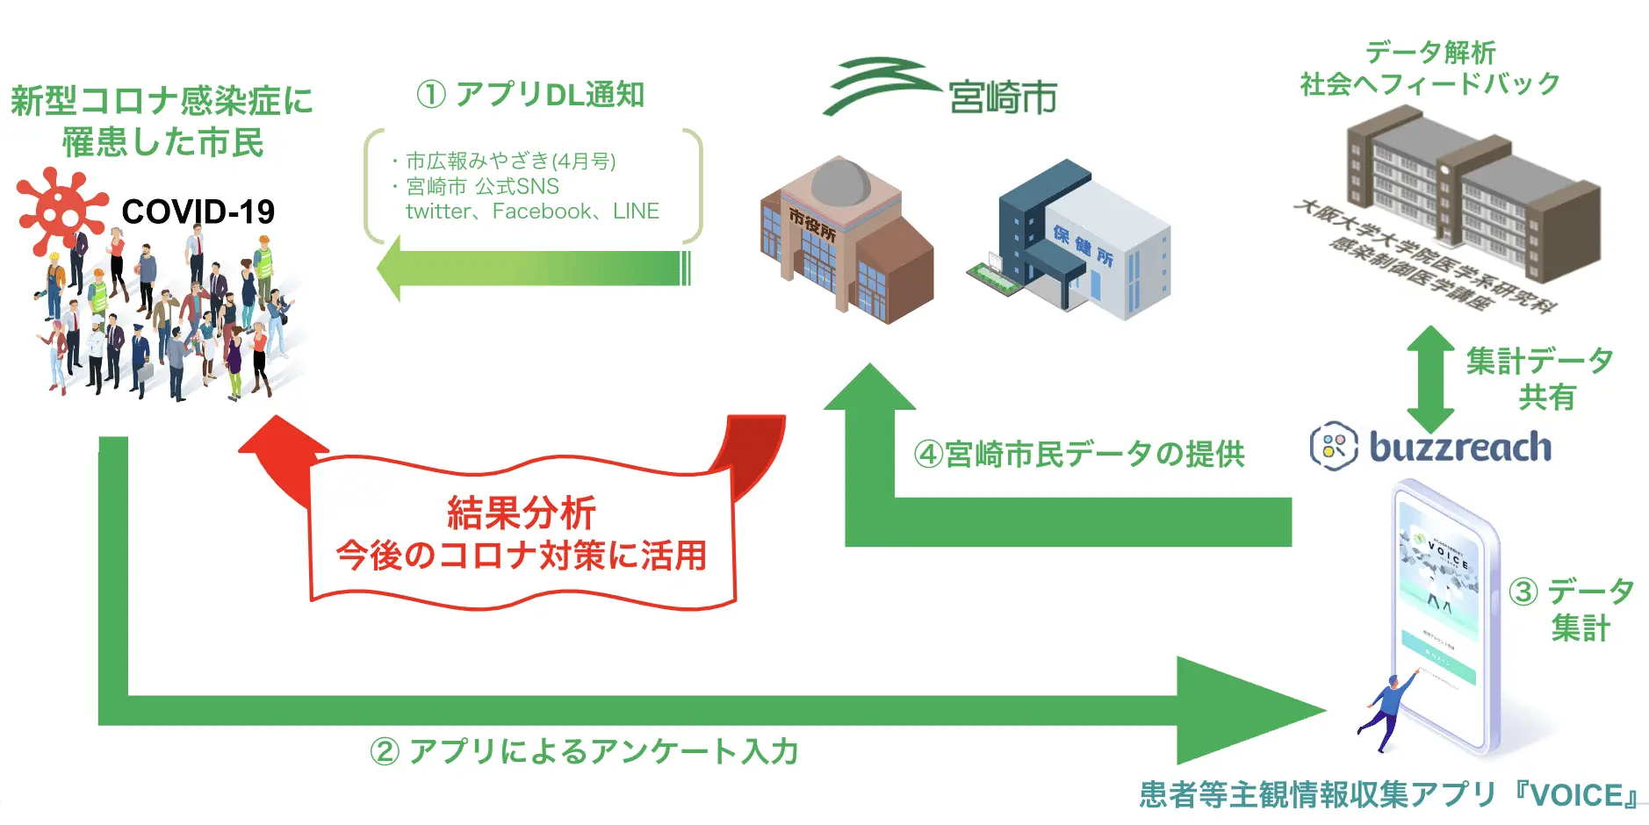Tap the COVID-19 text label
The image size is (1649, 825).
point(198,212)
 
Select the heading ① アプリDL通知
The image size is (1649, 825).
point(530,94)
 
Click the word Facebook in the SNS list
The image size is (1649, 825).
point(542,212)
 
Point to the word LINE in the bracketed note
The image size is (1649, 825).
point(636,212)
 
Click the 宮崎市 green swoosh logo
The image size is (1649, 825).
point(878,85)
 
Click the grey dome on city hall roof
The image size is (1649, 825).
point(840,182)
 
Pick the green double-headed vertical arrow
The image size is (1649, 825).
point(1430,378)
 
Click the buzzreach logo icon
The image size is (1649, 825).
point(1334,446)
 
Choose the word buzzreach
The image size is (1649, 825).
point(1460,447)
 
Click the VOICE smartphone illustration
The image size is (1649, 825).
point(1444,614)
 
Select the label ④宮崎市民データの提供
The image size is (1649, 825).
point(1079,454)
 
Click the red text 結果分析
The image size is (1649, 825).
point(522,513)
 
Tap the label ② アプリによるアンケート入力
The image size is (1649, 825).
point(585,751)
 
